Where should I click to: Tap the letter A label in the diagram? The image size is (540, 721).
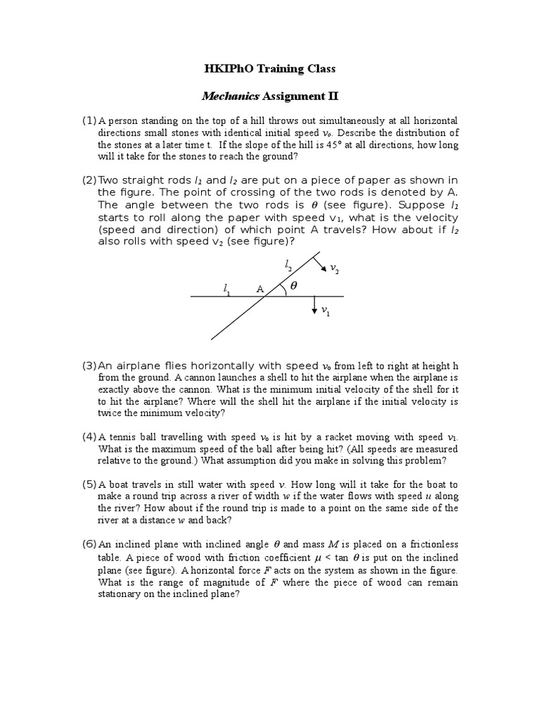pos(259,289)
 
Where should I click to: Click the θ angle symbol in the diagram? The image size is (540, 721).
pos(294,287)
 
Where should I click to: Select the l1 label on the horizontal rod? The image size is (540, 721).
pos(226,289)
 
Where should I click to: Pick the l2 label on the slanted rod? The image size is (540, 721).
pos(288,265)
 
